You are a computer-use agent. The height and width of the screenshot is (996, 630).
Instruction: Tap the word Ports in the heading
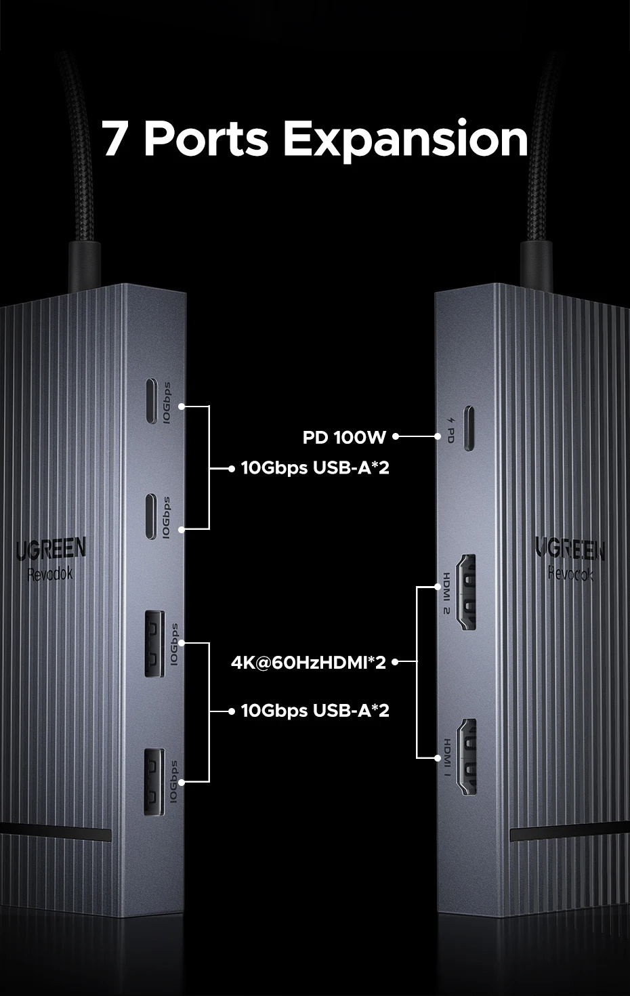[206, 139]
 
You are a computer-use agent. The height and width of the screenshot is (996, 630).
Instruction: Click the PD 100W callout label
[344, 438]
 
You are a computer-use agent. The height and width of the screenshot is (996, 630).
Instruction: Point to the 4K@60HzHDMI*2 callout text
[308, 662]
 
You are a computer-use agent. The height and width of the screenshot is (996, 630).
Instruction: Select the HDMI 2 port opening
[467, 592]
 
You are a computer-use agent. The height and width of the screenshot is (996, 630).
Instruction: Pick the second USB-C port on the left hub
[151, 516]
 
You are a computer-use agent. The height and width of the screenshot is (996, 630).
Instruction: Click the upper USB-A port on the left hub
[154, 644]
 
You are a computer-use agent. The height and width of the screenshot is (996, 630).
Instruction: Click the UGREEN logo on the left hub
[51, 549]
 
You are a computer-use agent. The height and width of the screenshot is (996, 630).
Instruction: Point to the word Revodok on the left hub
[50, 575]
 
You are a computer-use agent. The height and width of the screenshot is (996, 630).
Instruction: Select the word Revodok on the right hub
[570, 574]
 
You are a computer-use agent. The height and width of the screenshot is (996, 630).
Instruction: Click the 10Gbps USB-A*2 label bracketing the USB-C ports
[315, 468]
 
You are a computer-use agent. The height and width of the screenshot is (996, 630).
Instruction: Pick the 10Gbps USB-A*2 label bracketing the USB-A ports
[315, 711]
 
